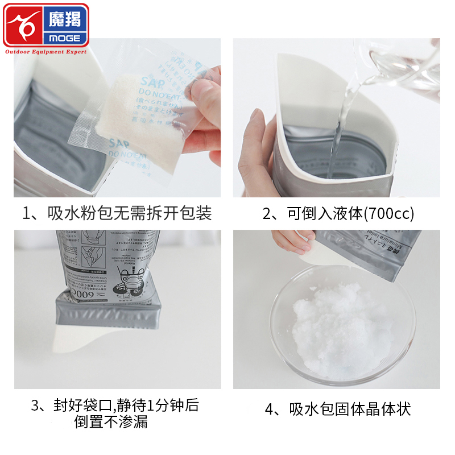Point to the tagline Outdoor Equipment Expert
pyautogui.click(x=46, y=52)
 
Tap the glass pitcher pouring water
pyautogui.click(x=404, y=63)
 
